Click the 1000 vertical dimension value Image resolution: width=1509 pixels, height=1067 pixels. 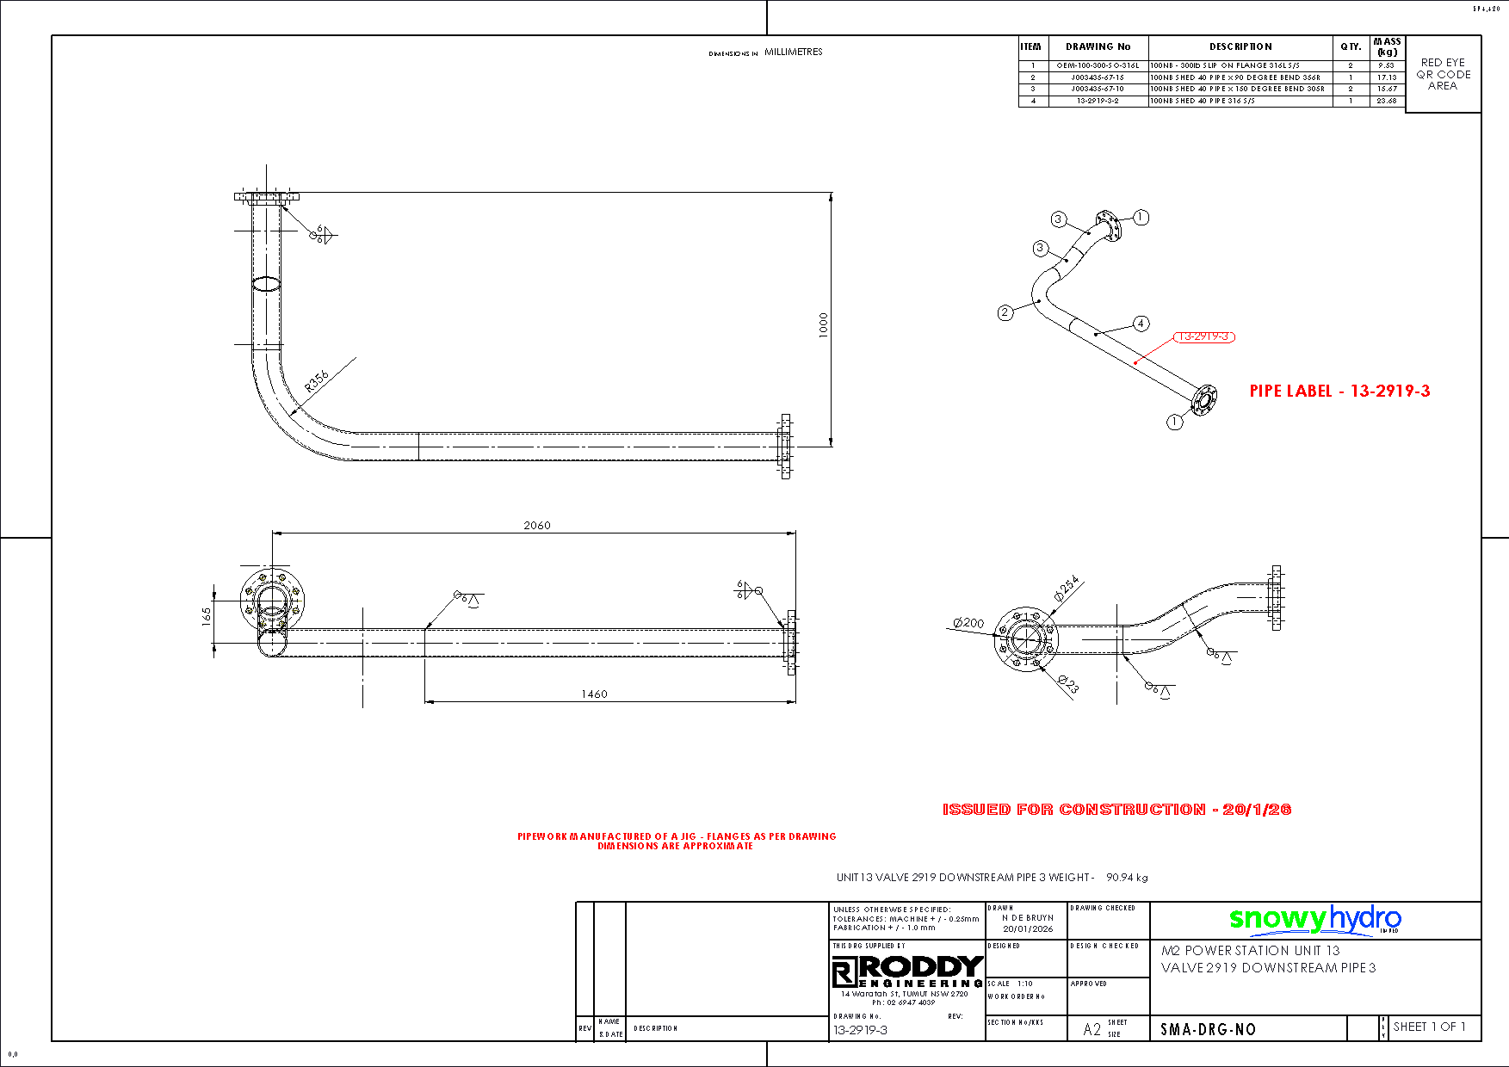coord(824,324)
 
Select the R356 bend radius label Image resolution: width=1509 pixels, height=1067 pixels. coord(317,380)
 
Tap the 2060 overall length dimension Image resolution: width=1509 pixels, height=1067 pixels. coord(537,525)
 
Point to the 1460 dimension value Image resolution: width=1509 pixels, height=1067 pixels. coord(594,694)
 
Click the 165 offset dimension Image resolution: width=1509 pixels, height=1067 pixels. coord(207,615)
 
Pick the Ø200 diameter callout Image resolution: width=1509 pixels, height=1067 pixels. coord(968,623)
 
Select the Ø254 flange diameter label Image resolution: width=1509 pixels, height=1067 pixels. coord(1067,589)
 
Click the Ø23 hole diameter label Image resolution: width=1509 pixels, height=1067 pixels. coord(1068,684)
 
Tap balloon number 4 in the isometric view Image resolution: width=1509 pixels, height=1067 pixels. coord(1141,324)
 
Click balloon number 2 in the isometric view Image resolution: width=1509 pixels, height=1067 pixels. coord(1005,312)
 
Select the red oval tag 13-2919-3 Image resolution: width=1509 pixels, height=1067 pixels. coord(1203,336)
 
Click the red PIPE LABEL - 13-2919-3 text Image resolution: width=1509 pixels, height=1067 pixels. coord(1339,392)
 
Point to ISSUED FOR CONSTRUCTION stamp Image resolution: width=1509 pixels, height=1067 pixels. coord(1116,809)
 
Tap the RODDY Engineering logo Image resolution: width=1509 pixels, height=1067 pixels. coord(907,971)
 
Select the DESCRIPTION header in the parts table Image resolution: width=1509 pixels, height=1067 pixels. coord(1240,46)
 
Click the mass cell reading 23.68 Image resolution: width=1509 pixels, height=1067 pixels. coord(1386,101)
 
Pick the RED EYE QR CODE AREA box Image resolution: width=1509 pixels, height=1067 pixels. coord(1443,74)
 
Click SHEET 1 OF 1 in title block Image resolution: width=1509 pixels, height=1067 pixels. coord(1429,1027)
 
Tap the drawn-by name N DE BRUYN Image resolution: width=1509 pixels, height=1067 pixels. coord(1027,918)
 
